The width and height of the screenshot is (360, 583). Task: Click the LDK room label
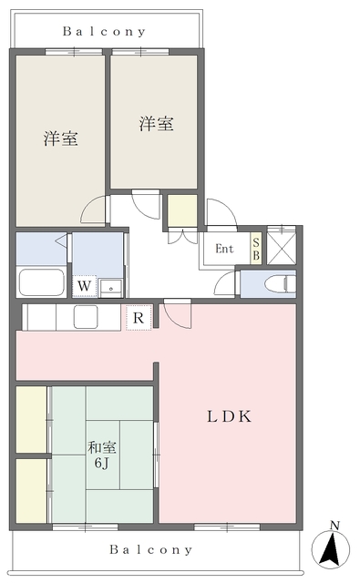click(229, 416)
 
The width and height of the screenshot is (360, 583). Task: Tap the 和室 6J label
click(102, 455)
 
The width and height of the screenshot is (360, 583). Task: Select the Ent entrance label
click(224, 249)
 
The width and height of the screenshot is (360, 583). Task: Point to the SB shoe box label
click(256, 249)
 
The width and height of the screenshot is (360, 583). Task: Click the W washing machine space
click(85, 286)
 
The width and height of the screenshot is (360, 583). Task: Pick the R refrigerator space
click(139, 318)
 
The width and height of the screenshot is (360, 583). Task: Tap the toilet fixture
click(281, 284)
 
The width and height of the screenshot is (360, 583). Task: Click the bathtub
click(42, 281)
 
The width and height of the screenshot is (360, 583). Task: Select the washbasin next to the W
click(111, 288)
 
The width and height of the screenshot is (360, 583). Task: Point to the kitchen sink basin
click(86, 317)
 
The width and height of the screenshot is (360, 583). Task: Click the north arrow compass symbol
click(330, 547)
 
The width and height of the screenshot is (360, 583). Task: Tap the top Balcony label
click(104, 31)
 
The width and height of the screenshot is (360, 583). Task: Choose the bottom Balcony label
click(151, 549)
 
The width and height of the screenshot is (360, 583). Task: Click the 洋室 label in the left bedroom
click(61, 138)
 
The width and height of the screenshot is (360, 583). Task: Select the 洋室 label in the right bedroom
click(157, 124)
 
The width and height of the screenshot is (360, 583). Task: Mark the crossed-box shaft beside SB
click(282, 245)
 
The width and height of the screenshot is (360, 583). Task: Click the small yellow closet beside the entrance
click(182, 210)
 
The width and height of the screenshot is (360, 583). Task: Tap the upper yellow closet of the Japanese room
click(31, 419)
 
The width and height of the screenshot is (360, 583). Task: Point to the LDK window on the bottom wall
click(227, 527)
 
